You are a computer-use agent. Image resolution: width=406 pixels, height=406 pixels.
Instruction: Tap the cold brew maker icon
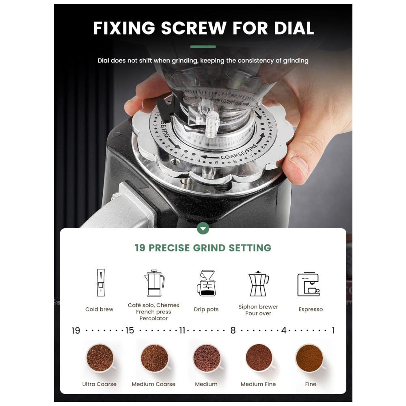coord(101,283)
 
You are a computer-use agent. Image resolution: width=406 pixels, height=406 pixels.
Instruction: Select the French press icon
coord(154,283)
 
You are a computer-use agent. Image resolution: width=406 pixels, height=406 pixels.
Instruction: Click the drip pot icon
coord(206,283)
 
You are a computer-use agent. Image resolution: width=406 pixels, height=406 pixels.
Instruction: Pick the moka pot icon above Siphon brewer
coord(258,283)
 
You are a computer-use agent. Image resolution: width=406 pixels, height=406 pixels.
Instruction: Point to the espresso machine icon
coord(309,284)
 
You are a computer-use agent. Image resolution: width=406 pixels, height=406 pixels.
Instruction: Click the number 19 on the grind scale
coord(76,330)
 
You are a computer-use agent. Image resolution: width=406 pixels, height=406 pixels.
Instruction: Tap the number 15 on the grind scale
coord(130,330)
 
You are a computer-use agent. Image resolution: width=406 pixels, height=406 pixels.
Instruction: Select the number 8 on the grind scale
coord(233,330)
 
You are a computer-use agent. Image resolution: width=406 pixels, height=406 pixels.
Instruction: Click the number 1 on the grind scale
coord(333,330)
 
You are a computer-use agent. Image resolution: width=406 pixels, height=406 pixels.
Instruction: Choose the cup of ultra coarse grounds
coord(100,358)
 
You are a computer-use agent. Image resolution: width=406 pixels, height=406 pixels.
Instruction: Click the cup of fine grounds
coord(310,358)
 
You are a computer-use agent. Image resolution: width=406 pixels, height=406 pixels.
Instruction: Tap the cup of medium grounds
coord(207,358)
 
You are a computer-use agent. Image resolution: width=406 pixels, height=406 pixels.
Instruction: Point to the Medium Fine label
coord(258,384)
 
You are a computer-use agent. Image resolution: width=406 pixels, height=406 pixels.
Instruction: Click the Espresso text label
coord(311,309)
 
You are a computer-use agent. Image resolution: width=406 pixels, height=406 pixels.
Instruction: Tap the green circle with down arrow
coord(203,228)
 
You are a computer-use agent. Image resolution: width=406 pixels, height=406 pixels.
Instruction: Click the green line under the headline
coord(203,47)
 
